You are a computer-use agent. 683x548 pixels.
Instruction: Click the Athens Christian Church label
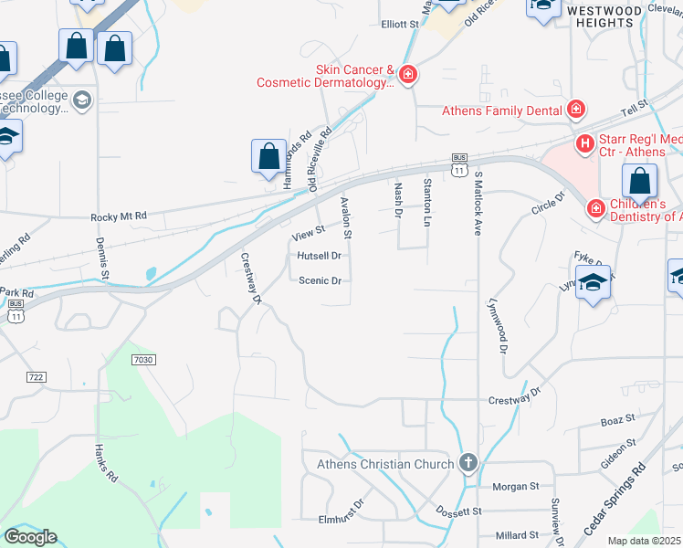coord(384,464)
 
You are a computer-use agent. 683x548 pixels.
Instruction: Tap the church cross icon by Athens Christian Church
coord(468,463)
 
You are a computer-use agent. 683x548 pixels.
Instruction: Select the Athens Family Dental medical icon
coord(575,111)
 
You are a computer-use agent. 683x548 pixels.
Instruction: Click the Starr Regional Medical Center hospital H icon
coord(585,143)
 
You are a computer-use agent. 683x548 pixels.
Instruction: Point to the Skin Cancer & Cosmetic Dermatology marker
coord(408,75)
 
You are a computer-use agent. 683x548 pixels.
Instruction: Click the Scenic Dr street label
coord(320,281)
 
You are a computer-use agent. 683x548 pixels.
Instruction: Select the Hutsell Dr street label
coord(319,257)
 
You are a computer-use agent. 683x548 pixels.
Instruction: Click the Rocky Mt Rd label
coord(119,216)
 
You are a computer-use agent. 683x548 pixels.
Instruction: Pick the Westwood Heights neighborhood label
coord(604,16)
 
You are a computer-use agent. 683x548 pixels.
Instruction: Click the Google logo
coord(30,537)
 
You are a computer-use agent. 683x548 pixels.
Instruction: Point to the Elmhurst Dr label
coord(341,519)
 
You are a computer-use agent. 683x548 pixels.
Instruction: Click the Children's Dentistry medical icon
coord(595,209)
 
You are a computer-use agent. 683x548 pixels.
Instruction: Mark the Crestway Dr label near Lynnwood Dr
coord(515,398)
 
